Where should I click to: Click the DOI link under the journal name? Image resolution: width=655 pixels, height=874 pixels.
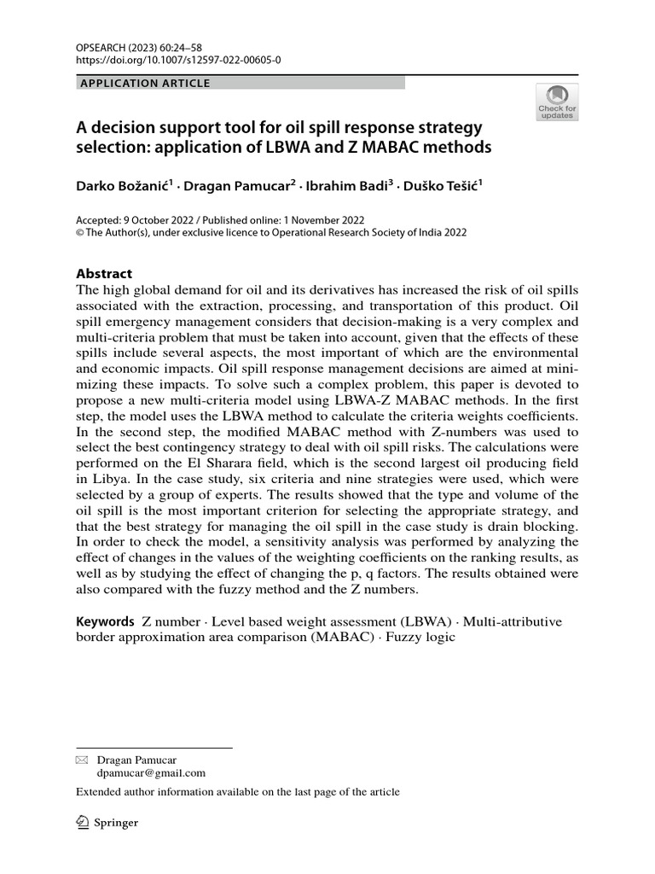coord(178,61)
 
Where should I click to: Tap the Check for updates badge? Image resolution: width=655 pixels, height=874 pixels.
coord(556,102)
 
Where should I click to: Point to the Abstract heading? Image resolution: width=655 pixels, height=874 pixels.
coord(104,274)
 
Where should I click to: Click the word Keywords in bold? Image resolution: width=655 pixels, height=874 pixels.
coord(105,621)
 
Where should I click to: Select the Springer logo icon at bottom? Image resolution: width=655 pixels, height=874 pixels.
coord(84,823)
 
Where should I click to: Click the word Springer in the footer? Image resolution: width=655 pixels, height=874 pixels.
coord(117,824)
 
